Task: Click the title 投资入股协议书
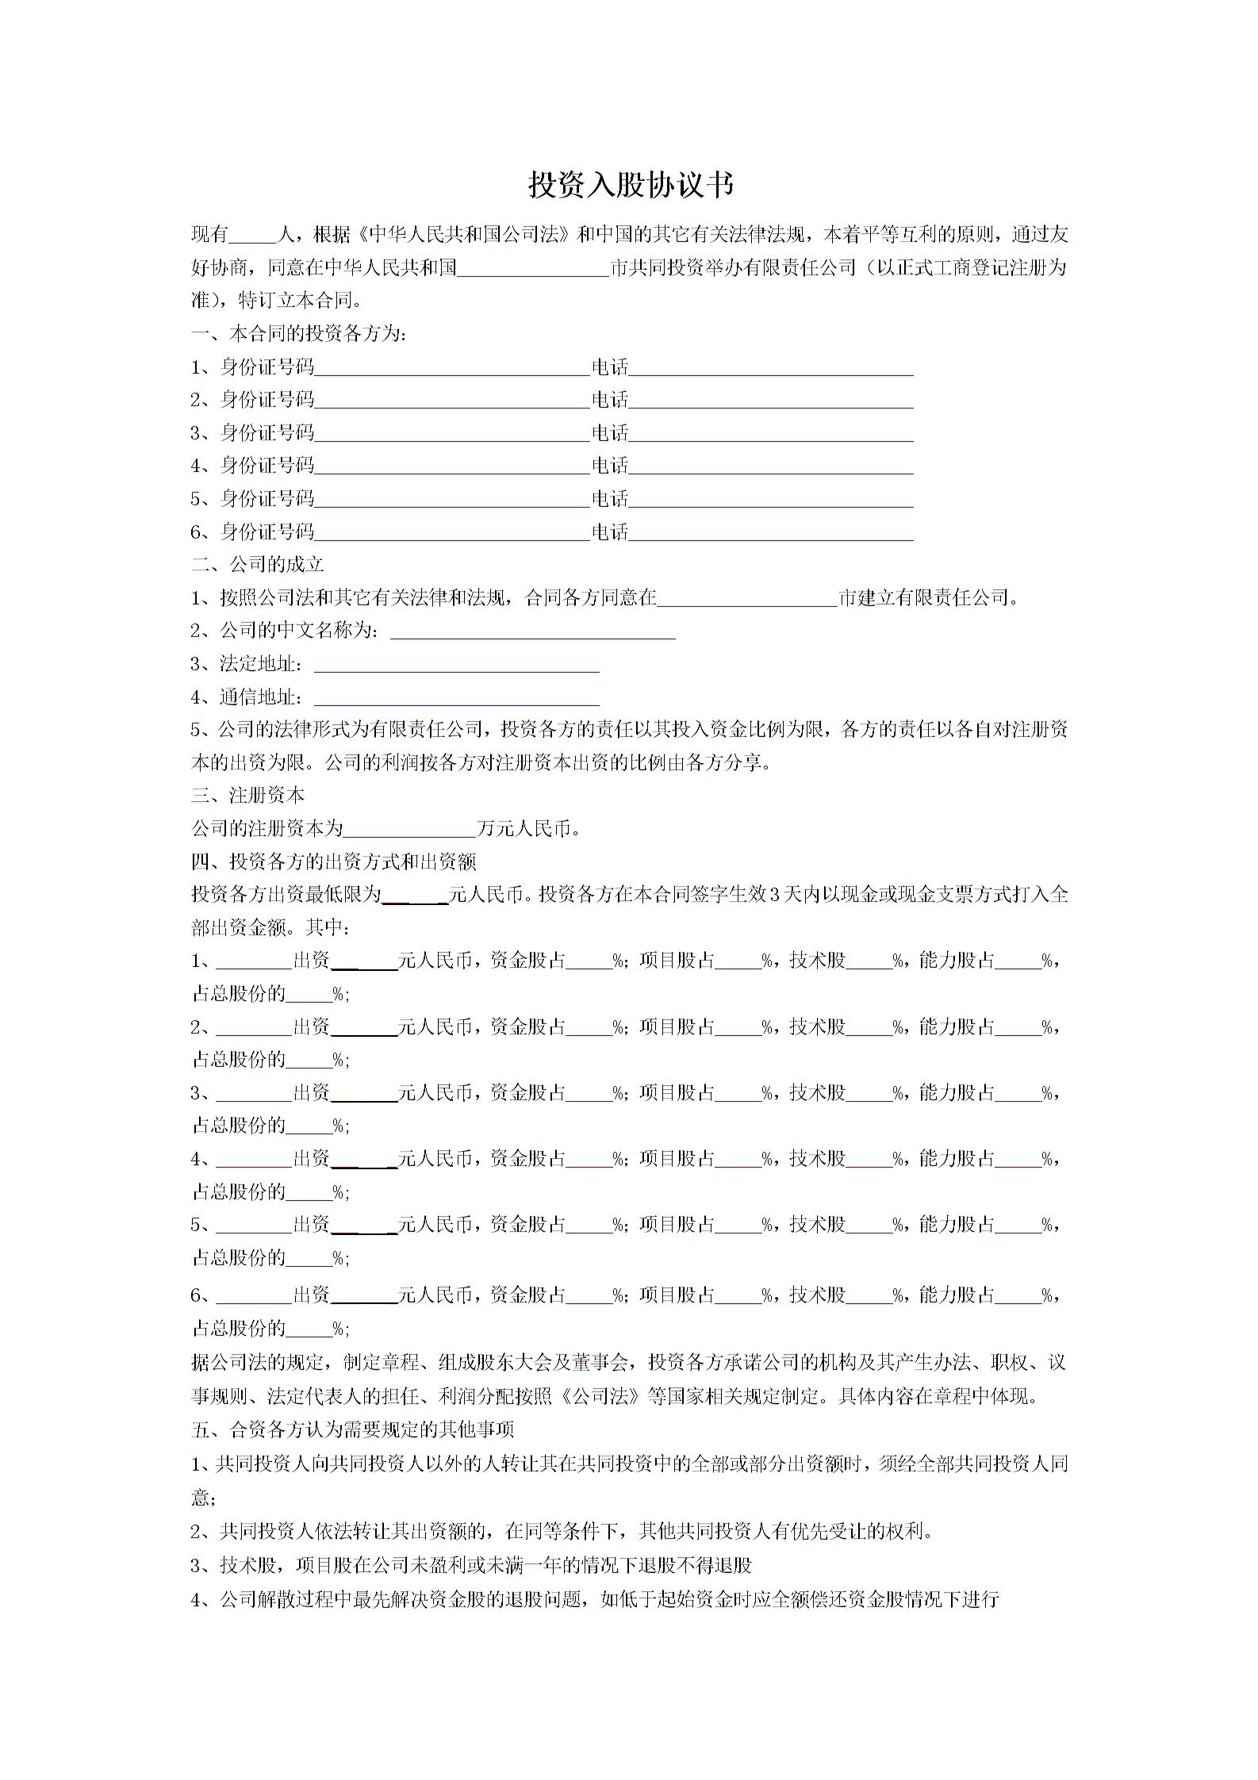[631, 186]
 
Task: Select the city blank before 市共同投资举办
[533, 269]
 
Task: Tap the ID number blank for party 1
[452, 368]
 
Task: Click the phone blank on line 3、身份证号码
[771, 434]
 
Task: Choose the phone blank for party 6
[771, 533]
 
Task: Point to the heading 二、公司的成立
[258, 565]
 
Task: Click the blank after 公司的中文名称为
[533, 632]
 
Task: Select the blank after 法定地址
[457, 666]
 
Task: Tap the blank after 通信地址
[457, 699]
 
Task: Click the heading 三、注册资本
[248, 796]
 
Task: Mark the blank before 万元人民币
[410, 830]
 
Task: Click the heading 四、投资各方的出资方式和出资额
[334, 862]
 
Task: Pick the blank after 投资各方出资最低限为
[416, 896]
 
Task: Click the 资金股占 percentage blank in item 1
[589, 962]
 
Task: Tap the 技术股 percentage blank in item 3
[869, 1095]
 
